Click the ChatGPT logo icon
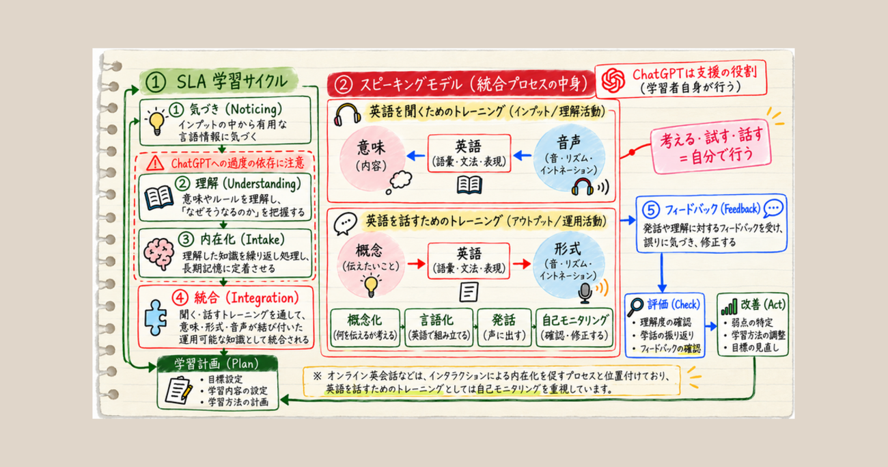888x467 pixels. click(613, 80)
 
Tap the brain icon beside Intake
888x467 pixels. click(159, 253)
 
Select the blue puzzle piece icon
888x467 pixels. click(156, 317)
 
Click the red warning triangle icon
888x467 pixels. click(155, 163)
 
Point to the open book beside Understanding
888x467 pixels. click(158, 198)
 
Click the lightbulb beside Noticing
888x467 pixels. click(156, 122)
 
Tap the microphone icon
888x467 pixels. click(585, 293)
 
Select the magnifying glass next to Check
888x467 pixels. click(635, 307)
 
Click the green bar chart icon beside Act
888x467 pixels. click(729, 307)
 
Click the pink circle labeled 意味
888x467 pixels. click(372, 159)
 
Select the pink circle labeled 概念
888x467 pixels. click(371, 265)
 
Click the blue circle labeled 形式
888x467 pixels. click(568, 264)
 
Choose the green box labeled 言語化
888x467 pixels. click(439, 328)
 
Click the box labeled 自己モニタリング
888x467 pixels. click(574, 328)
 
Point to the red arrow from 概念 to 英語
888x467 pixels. click(416, 263)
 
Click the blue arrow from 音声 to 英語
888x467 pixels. click(522, 155)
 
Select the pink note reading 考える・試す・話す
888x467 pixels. click(711, 146)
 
